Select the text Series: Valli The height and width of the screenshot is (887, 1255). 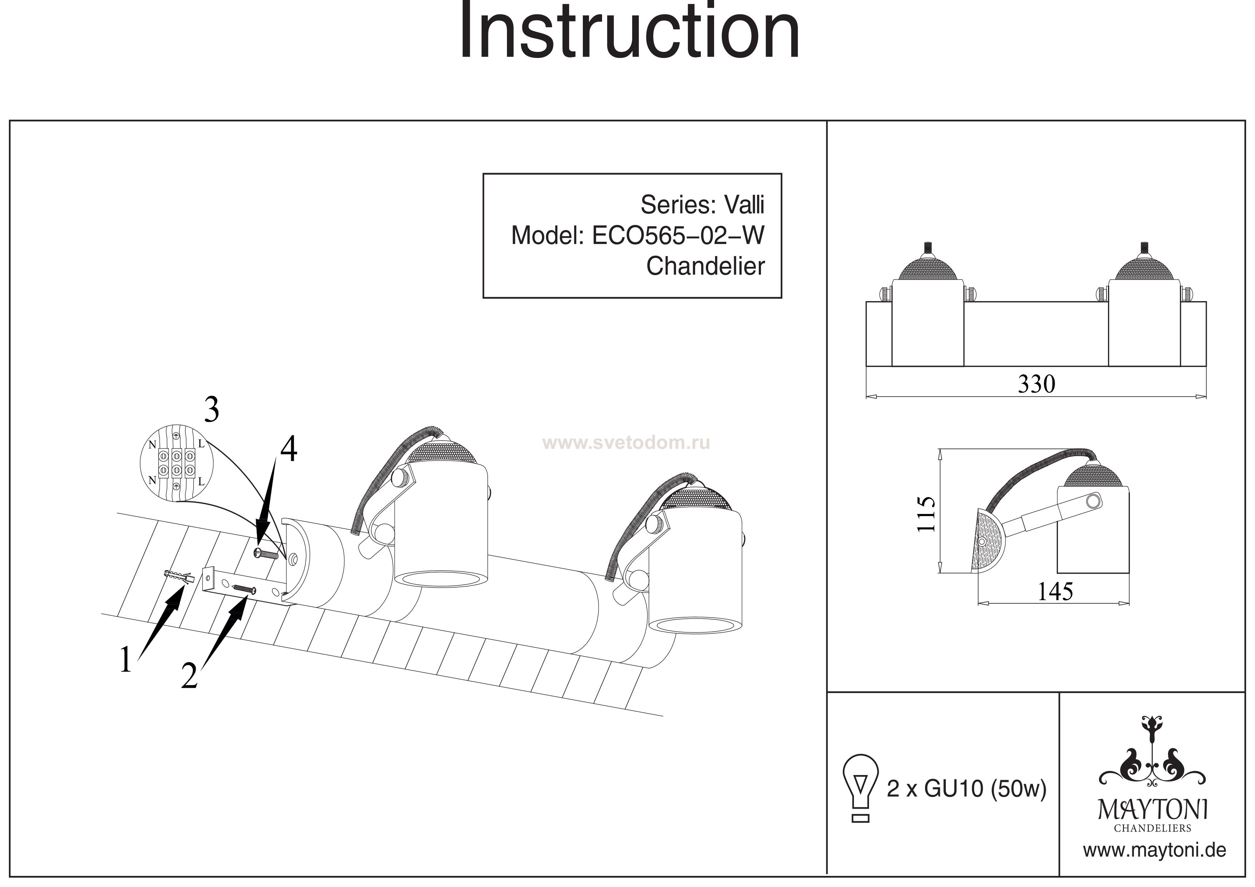click(702, 205)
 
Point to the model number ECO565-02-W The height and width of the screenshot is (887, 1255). click(678, 236)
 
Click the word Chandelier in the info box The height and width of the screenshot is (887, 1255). click(705, 266)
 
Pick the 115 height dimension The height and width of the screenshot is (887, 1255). click(926, 514)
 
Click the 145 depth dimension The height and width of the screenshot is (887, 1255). click(1055, 591)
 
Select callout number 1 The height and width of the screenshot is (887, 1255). click(126, 660)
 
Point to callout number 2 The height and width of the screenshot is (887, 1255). click(189, 676)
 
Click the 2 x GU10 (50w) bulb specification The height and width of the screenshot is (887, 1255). click(966, 789)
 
